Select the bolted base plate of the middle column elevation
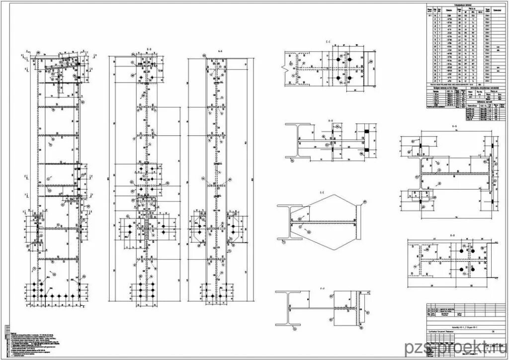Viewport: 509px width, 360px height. (x=147, y=291)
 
